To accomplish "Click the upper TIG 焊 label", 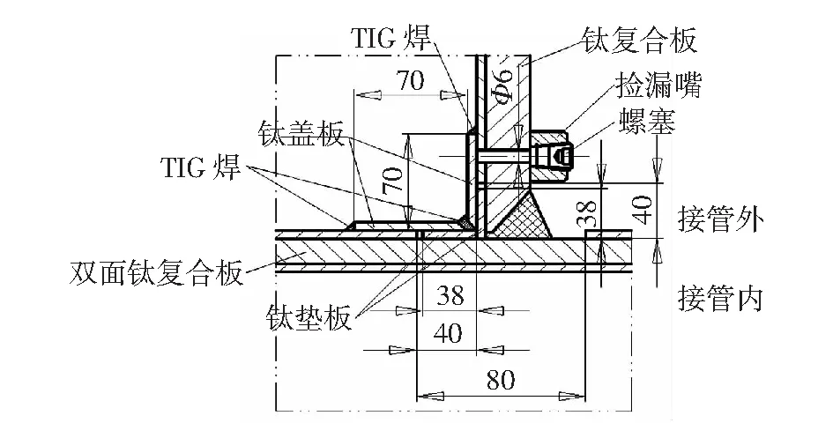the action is (390, 38).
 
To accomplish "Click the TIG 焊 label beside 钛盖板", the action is (201, 167).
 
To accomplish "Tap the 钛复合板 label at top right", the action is (639, 41).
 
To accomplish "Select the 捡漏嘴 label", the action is (658, 85).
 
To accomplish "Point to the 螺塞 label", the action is (647, 122).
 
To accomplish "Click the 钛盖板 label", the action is (301, 133).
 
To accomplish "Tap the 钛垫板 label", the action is (309, 318).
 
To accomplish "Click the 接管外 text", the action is (721, 219).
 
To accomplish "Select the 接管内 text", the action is (720, 298).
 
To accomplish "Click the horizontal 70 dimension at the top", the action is (411, 81).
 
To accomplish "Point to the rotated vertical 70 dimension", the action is (392, 182).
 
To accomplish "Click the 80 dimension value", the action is (501, 380).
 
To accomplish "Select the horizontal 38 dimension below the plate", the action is (450, 295).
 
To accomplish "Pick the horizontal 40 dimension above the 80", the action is (448, 333).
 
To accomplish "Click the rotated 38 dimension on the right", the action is (589, 212).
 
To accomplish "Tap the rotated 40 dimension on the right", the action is (643, 210).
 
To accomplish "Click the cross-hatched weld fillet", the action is (521, 213).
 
